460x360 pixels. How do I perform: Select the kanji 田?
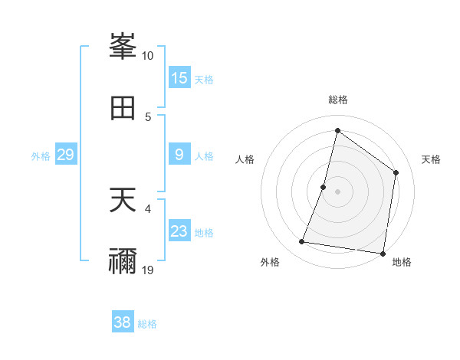pos(123,107)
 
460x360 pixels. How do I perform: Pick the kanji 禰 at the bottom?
pos(123,260)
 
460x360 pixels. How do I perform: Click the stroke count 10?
pos(148,56)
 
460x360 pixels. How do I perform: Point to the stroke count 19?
pos(148,270)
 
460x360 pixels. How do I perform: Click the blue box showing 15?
pos(179,78)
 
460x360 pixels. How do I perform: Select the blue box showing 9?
pos(179,155)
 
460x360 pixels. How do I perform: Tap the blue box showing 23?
pos(179,231)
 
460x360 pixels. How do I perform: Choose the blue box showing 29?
pos(65,155)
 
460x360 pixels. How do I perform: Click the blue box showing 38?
pos(123,322)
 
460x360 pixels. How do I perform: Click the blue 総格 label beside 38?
pos(147,324)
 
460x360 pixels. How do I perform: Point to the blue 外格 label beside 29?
pos(41,155)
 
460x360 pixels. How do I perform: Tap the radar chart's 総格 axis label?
pos(338,100)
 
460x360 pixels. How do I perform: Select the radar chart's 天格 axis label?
pos(431,159)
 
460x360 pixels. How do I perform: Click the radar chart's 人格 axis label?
pos(245,159)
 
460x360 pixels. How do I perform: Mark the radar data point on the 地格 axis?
pos(383,254)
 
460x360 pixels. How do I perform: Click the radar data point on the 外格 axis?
pos(302,242)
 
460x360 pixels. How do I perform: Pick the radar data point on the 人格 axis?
pos(324,187)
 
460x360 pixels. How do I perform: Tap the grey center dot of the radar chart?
pos(337,191)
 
